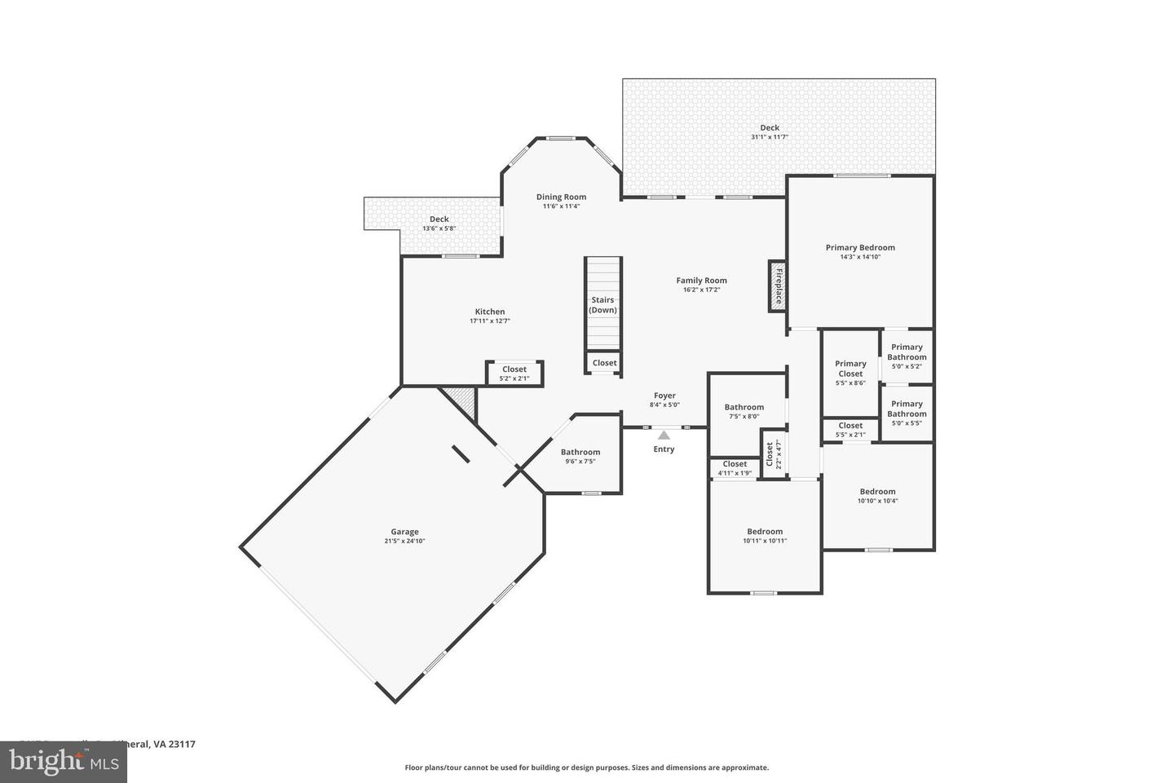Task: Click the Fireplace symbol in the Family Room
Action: pos(776,286)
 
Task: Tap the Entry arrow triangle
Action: pos(664,436)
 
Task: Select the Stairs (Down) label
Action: pos(603,305)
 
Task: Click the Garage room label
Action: pos(404,532)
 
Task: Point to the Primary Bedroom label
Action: pos(860,248)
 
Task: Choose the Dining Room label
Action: pos(561,197)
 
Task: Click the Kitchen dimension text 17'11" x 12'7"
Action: pos(490,321)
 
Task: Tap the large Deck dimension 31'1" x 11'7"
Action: pos(770,137)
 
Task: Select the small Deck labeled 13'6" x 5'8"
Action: pos(439,223)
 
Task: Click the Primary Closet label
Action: pos(850,369)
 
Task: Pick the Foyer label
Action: pos(664,396)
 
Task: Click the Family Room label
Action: pos(701,281)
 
